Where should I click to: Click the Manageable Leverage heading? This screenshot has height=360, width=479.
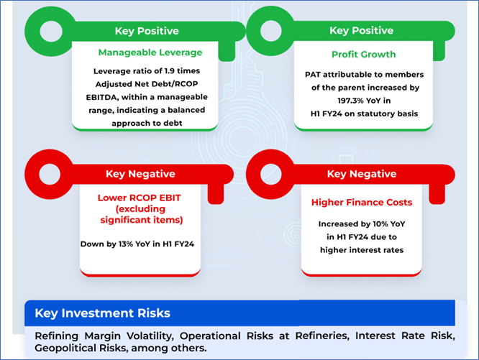(150, 52)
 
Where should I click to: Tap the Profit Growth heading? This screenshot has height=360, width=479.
(363, 55)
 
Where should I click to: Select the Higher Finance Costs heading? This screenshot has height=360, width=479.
(362, 202)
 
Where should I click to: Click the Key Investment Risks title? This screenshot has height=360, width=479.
(102, 313)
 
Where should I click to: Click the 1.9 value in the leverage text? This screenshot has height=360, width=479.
(170, 71)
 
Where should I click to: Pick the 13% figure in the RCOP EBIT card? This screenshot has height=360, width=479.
(126, 244)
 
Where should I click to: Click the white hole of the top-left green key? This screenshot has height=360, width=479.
(51, 31)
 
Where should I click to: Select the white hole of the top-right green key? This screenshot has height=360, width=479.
(271, 30)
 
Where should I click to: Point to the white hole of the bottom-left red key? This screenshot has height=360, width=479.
(50, 174)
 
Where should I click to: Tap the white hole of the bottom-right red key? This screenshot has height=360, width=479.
(271, 174)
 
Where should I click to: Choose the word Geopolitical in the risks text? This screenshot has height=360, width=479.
(63, 348)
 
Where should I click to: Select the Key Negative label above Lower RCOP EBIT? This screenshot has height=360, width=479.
(140, 174)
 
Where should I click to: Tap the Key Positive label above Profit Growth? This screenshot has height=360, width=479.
(361, 30)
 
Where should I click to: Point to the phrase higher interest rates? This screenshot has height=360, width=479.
(362, 250)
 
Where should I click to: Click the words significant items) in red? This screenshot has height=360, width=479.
(142, 220)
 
